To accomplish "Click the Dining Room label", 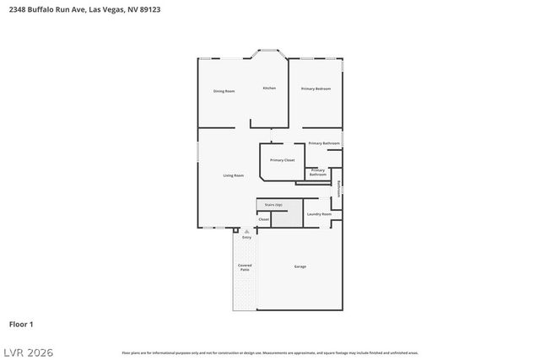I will tap(224, 91).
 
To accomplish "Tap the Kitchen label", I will tap(269, 89).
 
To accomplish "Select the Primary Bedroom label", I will tap(316, 89).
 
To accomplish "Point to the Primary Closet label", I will tap(282, 160).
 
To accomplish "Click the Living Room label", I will tap(234, 175).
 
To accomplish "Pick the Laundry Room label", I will tap(319, 214).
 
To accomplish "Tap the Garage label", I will tap(300, 266).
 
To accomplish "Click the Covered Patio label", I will tap(245, 267).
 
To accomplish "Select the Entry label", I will tap(247, 238).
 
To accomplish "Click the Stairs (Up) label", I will tap(273, 205).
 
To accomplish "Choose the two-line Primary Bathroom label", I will tap(318, 172).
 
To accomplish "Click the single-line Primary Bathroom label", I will tap(324, 143).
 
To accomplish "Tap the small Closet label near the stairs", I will tap(264, 219).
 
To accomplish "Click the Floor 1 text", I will tap(21, 324).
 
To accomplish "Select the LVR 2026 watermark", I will tap(27, 350).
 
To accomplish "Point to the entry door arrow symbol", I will tap(246, 230).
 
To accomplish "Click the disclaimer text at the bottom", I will tap(269, 352).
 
